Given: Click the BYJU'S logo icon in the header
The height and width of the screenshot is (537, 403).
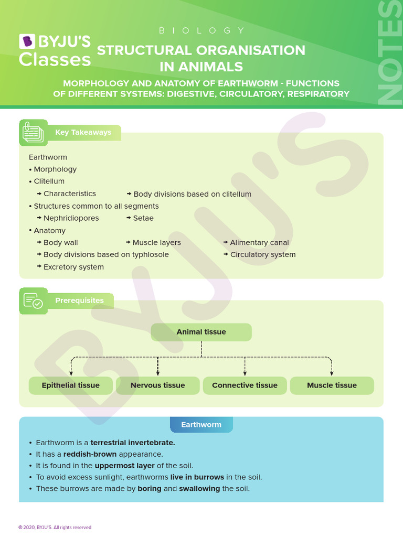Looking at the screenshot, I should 26,41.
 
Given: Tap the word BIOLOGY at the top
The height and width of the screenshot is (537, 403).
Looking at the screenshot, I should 201,30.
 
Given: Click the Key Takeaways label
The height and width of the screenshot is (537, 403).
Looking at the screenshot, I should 83,132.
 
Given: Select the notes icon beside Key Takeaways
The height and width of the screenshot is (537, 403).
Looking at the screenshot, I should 33,133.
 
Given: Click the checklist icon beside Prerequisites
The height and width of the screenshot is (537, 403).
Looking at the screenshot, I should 33,300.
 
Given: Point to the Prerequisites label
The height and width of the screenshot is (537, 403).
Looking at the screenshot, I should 79,300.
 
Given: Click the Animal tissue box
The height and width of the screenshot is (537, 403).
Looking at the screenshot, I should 201,332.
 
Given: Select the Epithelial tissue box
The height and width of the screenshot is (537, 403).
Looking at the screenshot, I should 71,385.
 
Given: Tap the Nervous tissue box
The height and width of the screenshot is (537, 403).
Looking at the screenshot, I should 158,385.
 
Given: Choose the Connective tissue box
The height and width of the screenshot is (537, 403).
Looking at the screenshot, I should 245,385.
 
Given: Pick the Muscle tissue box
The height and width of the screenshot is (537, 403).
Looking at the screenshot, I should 332,385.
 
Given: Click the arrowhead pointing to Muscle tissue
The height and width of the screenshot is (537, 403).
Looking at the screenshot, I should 332,373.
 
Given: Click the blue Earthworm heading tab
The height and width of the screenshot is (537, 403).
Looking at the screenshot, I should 201,425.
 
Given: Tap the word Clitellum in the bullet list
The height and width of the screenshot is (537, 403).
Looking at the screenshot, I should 49,181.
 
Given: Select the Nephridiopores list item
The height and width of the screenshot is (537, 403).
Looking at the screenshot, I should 71,218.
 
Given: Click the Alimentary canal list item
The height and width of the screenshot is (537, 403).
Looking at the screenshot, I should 259,243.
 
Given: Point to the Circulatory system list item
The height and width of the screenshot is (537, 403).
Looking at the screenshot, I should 263,255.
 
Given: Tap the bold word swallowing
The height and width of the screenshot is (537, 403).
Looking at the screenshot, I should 199,489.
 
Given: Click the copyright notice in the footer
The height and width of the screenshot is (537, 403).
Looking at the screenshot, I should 55,528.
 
